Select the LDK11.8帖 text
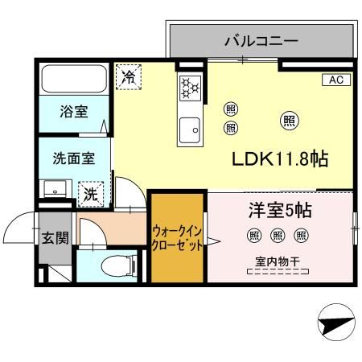point(279,158)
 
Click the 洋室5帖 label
point(278,211)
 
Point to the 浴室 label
point(74,112)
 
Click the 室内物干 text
point(278,261)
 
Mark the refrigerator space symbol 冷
point(127,76)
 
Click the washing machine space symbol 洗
point(92,193)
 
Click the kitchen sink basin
point(191,128)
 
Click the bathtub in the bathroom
point(74,80)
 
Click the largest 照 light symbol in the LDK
point(288,121)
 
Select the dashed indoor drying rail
point(278,272)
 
